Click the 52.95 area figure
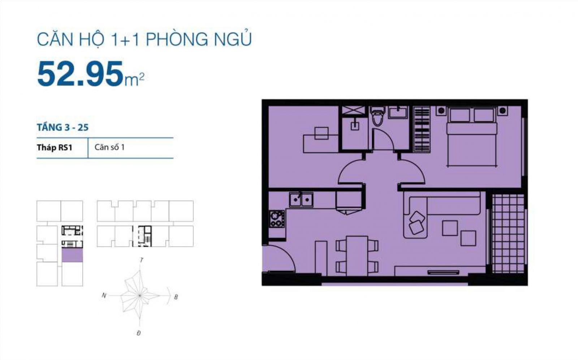pos(80,74)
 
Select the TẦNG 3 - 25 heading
pos(63,127)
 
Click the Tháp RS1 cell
pos(55,147)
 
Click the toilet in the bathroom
pos(378,116)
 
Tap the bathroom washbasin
pos(398,112)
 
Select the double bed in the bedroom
pos(472,137)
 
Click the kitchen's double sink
pos(301,200)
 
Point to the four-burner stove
pos(277,219)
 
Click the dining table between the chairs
pos(357,256)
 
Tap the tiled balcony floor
pos(508,233)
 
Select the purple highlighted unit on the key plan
pos(72,255)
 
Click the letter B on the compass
pos(176,297)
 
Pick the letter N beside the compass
pos(104,295)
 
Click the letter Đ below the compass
pos(139,333)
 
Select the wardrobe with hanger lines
pos(422,129)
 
